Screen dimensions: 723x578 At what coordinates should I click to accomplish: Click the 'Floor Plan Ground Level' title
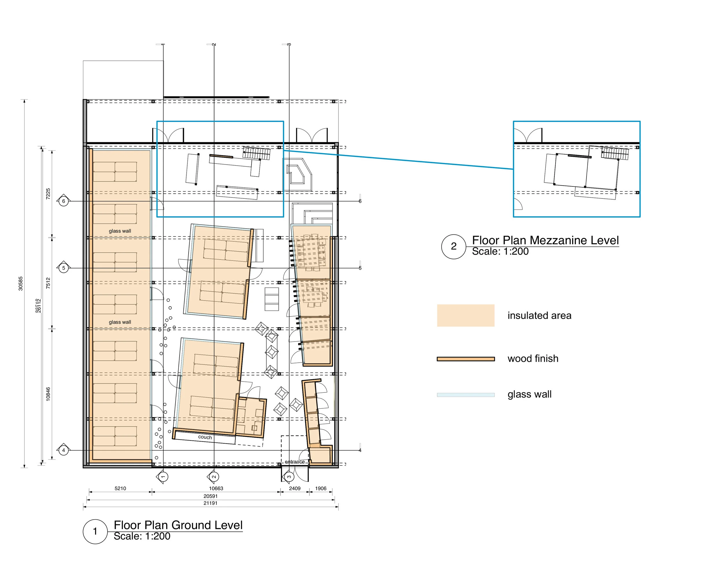tap(178, 525)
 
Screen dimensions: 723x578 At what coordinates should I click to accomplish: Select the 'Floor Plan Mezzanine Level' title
tap(545, 240)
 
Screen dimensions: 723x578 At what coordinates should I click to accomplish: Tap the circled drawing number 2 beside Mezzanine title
tap(454, 246)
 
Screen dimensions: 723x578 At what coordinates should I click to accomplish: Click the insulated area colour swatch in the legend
tap(466, 315)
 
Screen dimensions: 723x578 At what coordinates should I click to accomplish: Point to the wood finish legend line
tap(466, 359)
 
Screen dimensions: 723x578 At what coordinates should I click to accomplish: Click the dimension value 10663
tap(216, 488)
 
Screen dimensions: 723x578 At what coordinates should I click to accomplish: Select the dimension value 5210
tap(120, 488)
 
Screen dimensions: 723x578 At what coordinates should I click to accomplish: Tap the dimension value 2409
tap(295, 488)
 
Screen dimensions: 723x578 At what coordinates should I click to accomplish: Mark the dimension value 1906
tap(321, 488)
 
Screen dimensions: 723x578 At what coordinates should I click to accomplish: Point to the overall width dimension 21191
tap(211, 503)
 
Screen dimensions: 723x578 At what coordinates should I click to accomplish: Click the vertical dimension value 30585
tap(21, 284)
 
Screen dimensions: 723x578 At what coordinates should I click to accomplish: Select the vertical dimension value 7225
tap(48, 194)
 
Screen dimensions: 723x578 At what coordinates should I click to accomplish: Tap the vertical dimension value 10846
tap(48, 394)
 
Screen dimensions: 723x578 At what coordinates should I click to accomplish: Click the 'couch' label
tap(205, 437)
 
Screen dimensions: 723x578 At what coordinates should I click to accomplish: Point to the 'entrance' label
tap(295, 462)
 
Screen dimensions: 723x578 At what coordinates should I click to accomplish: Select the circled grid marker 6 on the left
tap(64, 201)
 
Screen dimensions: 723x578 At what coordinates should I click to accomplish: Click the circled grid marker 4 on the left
tap(64, 450)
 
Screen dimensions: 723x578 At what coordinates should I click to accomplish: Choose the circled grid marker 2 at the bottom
tap(214, 477)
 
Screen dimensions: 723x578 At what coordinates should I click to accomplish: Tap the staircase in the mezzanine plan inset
tap(615, 154)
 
